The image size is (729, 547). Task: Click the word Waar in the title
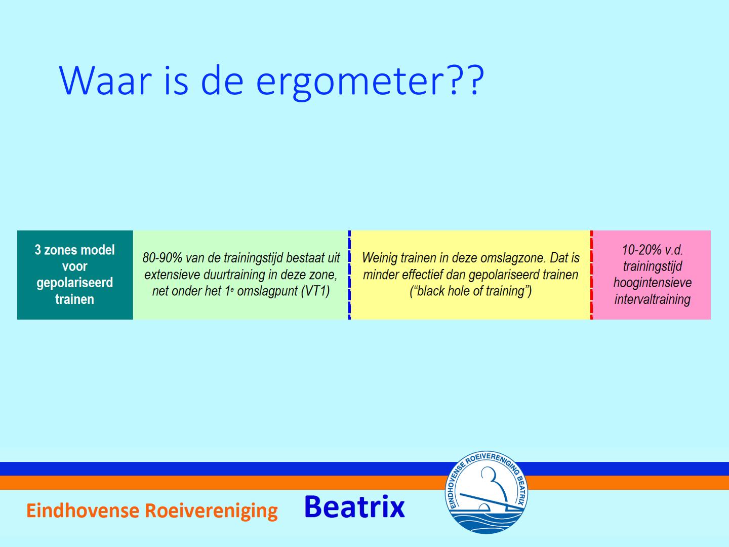click(105, 81)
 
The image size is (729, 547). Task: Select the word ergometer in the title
click(350, 84)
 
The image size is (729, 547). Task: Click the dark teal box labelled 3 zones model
click(75, 275)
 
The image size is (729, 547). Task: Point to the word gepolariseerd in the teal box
click(75, 283)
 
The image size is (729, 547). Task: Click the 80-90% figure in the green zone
click(163, 258)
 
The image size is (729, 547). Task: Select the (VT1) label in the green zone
click(315, 291)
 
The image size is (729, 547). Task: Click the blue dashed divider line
click(349, 275)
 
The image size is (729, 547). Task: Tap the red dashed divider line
click(591, 275)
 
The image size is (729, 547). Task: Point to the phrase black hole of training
click(471, 291)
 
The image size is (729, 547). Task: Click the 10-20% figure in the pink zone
click(639, 250)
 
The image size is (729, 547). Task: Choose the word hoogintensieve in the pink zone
click(652, 283)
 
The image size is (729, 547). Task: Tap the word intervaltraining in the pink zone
click(652, 299)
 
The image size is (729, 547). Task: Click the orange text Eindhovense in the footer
click(83, 511)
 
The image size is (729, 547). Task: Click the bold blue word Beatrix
click(354, 507)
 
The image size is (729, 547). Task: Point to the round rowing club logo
click(486, 492)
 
